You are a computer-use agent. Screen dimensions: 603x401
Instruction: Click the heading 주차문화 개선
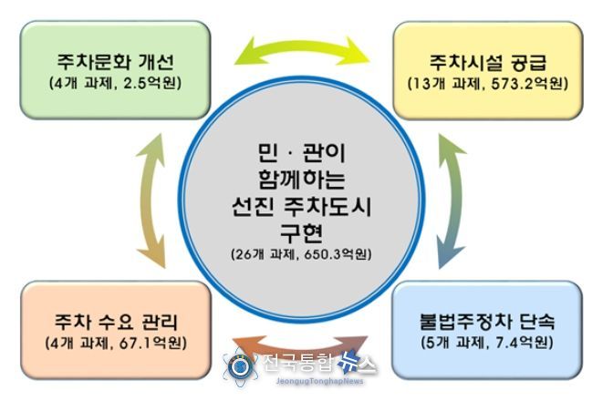pyautogui.click(x=115, y=62)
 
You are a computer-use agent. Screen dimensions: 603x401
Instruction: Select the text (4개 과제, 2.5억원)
pyautogui.click(x=115, y=83)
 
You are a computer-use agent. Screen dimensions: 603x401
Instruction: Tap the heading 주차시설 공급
pyautogui.click(x=488, y=63)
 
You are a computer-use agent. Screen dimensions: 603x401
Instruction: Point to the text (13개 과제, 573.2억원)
pyautogui.click(x=488, y=83)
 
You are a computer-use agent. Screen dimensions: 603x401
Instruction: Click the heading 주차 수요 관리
pyautogui.click(x=116, y=322)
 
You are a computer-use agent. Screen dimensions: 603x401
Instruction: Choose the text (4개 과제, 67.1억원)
pyautogui.click(x=116, y=343)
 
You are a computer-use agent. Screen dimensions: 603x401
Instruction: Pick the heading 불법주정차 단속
pyautogui.click(x=487, y=322)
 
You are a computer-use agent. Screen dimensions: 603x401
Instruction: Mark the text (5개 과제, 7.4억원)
pyautogui.click(x=487, y=343)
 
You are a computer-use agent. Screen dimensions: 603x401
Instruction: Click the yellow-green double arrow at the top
pyautogui.click(x=302, y=46)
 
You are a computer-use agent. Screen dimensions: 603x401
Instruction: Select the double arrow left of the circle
pyautogui.click(x=145, y=200)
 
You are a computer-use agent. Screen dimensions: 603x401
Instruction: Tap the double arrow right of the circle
pyautogui.click(x=456, y=200)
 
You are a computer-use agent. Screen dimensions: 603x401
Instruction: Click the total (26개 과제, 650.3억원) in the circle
pyautogui.click(x=301, y=254)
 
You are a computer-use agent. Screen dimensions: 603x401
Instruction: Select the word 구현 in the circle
pyautogui.click(x=301, y=232)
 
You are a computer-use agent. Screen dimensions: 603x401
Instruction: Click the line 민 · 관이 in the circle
pyautogui.click(x=301, y=152)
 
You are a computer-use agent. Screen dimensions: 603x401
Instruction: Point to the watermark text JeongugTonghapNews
pyautogui.click(x=319, y=381)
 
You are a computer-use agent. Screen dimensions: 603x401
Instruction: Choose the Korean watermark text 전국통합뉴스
pyautogui.click(x=320, y=363)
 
